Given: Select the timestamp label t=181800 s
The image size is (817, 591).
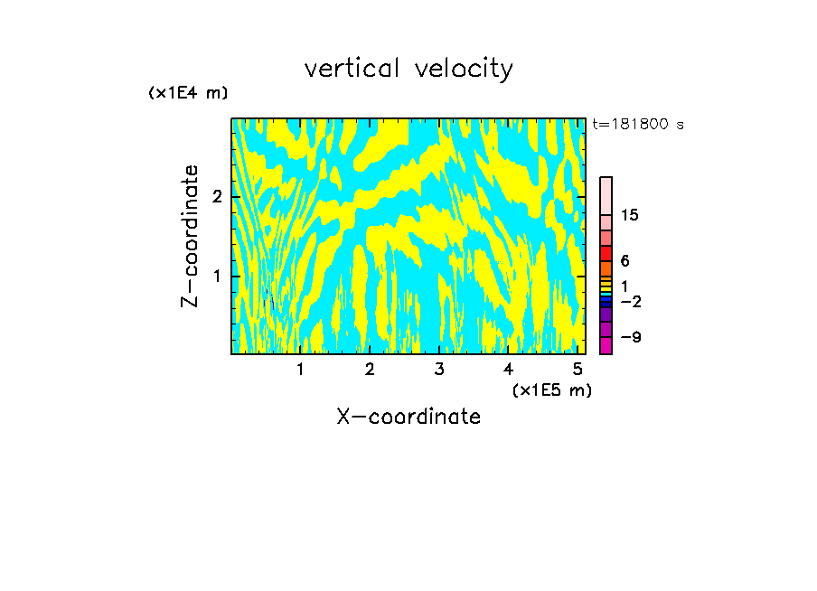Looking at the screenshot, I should [x=637, y=124].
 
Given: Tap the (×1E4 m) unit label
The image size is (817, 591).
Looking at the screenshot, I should [x=188, y=92].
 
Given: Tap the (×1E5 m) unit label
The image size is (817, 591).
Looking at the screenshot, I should [x=551, y=389].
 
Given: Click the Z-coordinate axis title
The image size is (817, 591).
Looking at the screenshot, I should [x=190, y=236].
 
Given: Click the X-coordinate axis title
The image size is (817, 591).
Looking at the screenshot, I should [x=408, y=417].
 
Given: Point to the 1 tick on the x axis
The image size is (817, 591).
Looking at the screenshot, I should [x=300, y=370].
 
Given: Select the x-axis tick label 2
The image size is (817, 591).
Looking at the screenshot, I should [x=370, y=370].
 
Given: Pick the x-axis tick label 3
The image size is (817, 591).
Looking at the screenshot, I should [x=438, y=370].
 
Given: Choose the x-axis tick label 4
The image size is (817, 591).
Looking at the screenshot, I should [x=508, y=370].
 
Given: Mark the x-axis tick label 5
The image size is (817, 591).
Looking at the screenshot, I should [x=578, y=370].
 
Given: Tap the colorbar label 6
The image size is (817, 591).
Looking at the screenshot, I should [x=625, y=260].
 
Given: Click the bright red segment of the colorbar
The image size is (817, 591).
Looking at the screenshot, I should [x=606, y=253].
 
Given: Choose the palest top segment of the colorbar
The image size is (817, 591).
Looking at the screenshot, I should [x=606, y=195].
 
